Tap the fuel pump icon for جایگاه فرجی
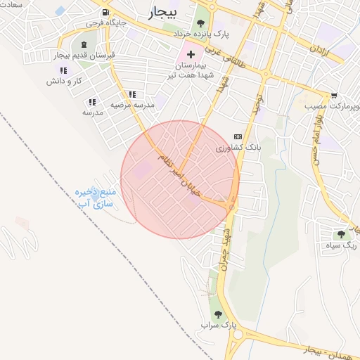105,13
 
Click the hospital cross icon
191,54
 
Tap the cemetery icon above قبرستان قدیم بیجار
84,45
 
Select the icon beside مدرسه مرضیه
131,94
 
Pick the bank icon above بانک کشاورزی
238,136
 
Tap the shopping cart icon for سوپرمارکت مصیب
334,96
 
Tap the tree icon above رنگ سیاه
341,234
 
